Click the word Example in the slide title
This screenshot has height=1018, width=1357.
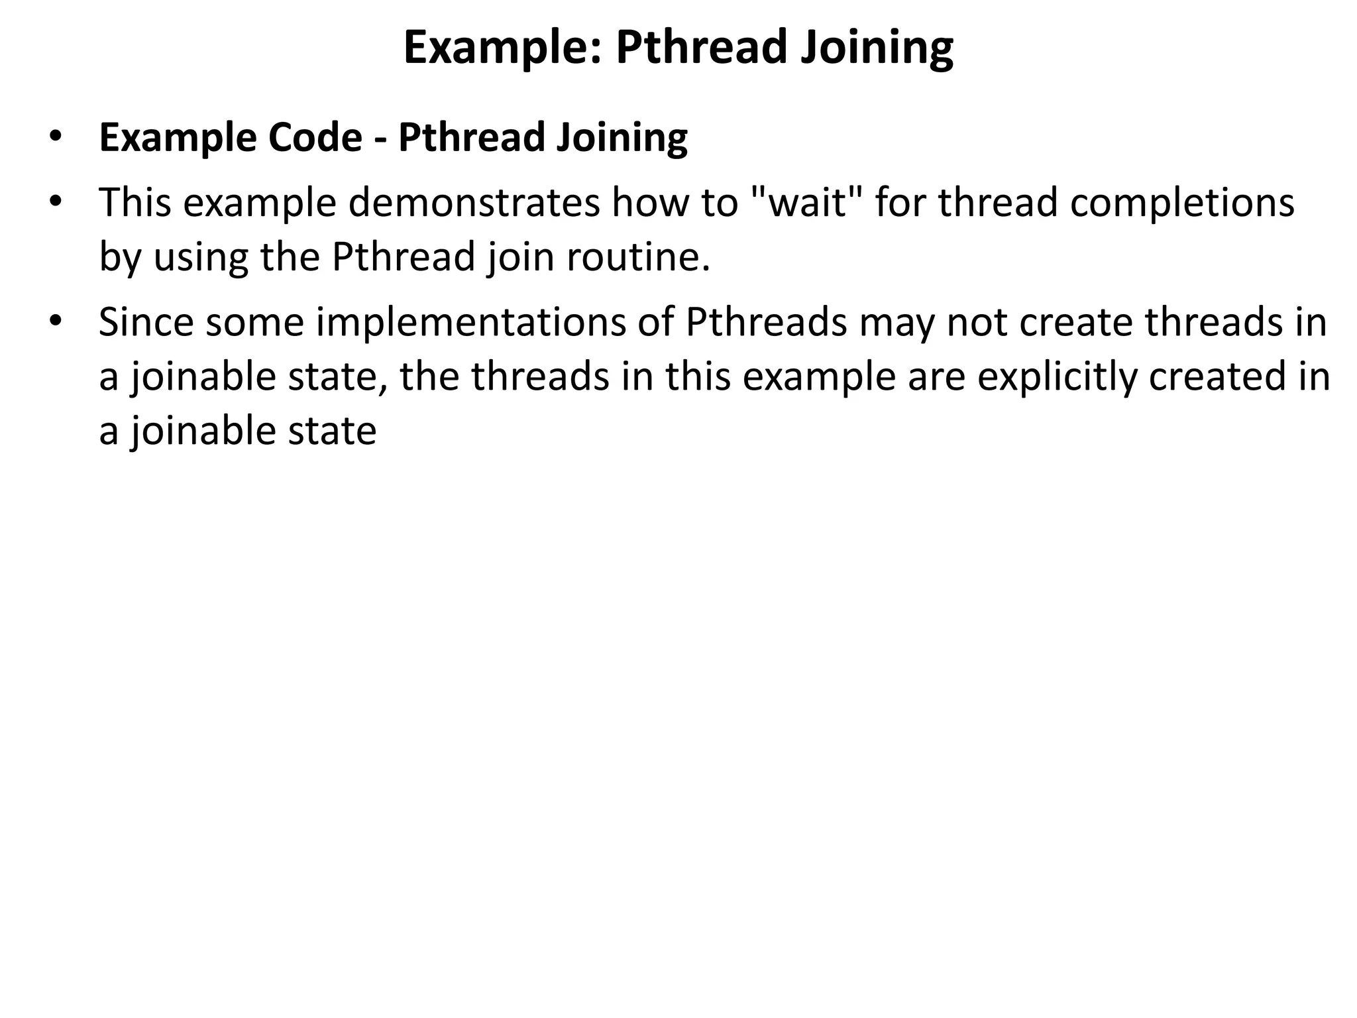tap(501, 48)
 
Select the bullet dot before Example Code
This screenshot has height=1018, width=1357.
tap(55, 137)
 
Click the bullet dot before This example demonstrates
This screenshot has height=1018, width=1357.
tap(55, 201)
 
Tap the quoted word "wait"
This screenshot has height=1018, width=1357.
tap(802, 202)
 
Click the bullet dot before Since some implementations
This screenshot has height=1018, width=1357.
tap(55, 321)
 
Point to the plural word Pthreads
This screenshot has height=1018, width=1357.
tap(766, 322)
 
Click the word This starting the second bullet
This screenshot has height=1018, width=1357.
tap(135, 202)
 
